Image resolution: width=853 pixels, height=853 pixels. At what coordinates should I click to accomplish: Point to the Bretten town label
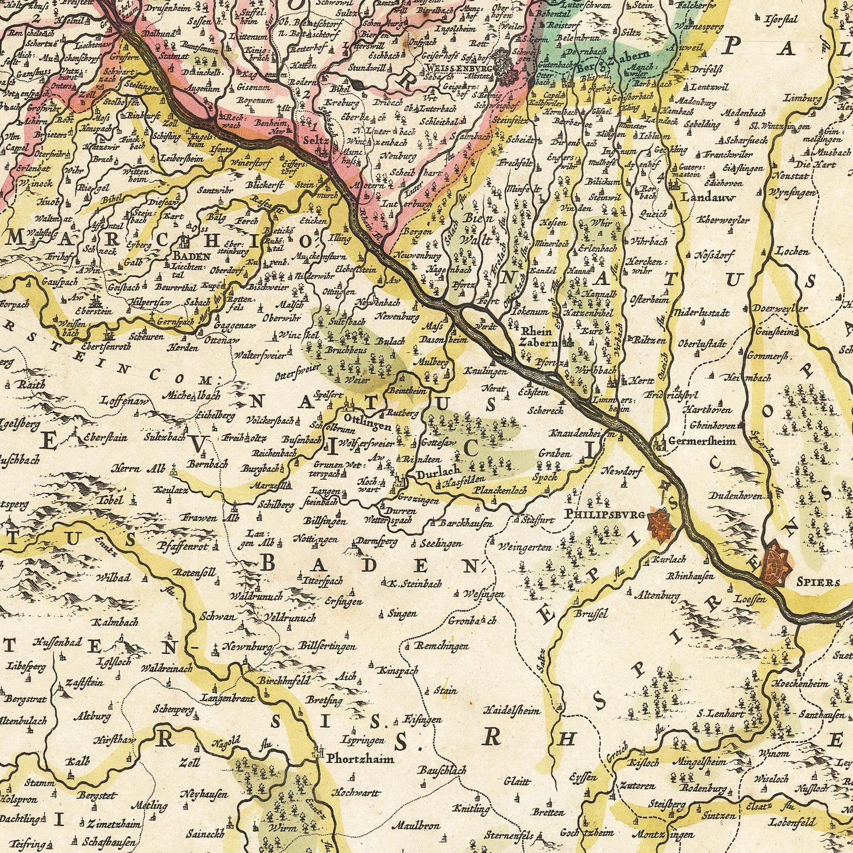(x=548, y=813)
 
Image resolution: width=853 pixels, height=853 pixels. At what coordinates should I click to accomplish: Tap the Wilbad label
(x=113, y=577)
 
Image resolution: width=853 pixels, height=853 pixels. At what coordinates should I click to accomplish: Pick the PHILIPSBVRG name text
(x=605, y=514)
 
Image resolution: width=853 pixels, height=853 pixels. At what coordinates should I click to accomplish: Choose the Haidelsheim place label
(x=512, y=710)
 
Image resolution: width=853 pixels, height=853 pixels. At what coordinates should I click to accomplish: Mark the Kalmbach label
(x=115, y=622)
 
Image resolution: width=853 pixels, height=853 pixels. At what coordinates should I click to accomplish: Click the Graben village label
(x=554, y=453)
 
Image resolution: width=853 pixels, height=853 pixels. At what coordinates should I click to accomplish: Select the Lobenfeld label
(x=792, y=822)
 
